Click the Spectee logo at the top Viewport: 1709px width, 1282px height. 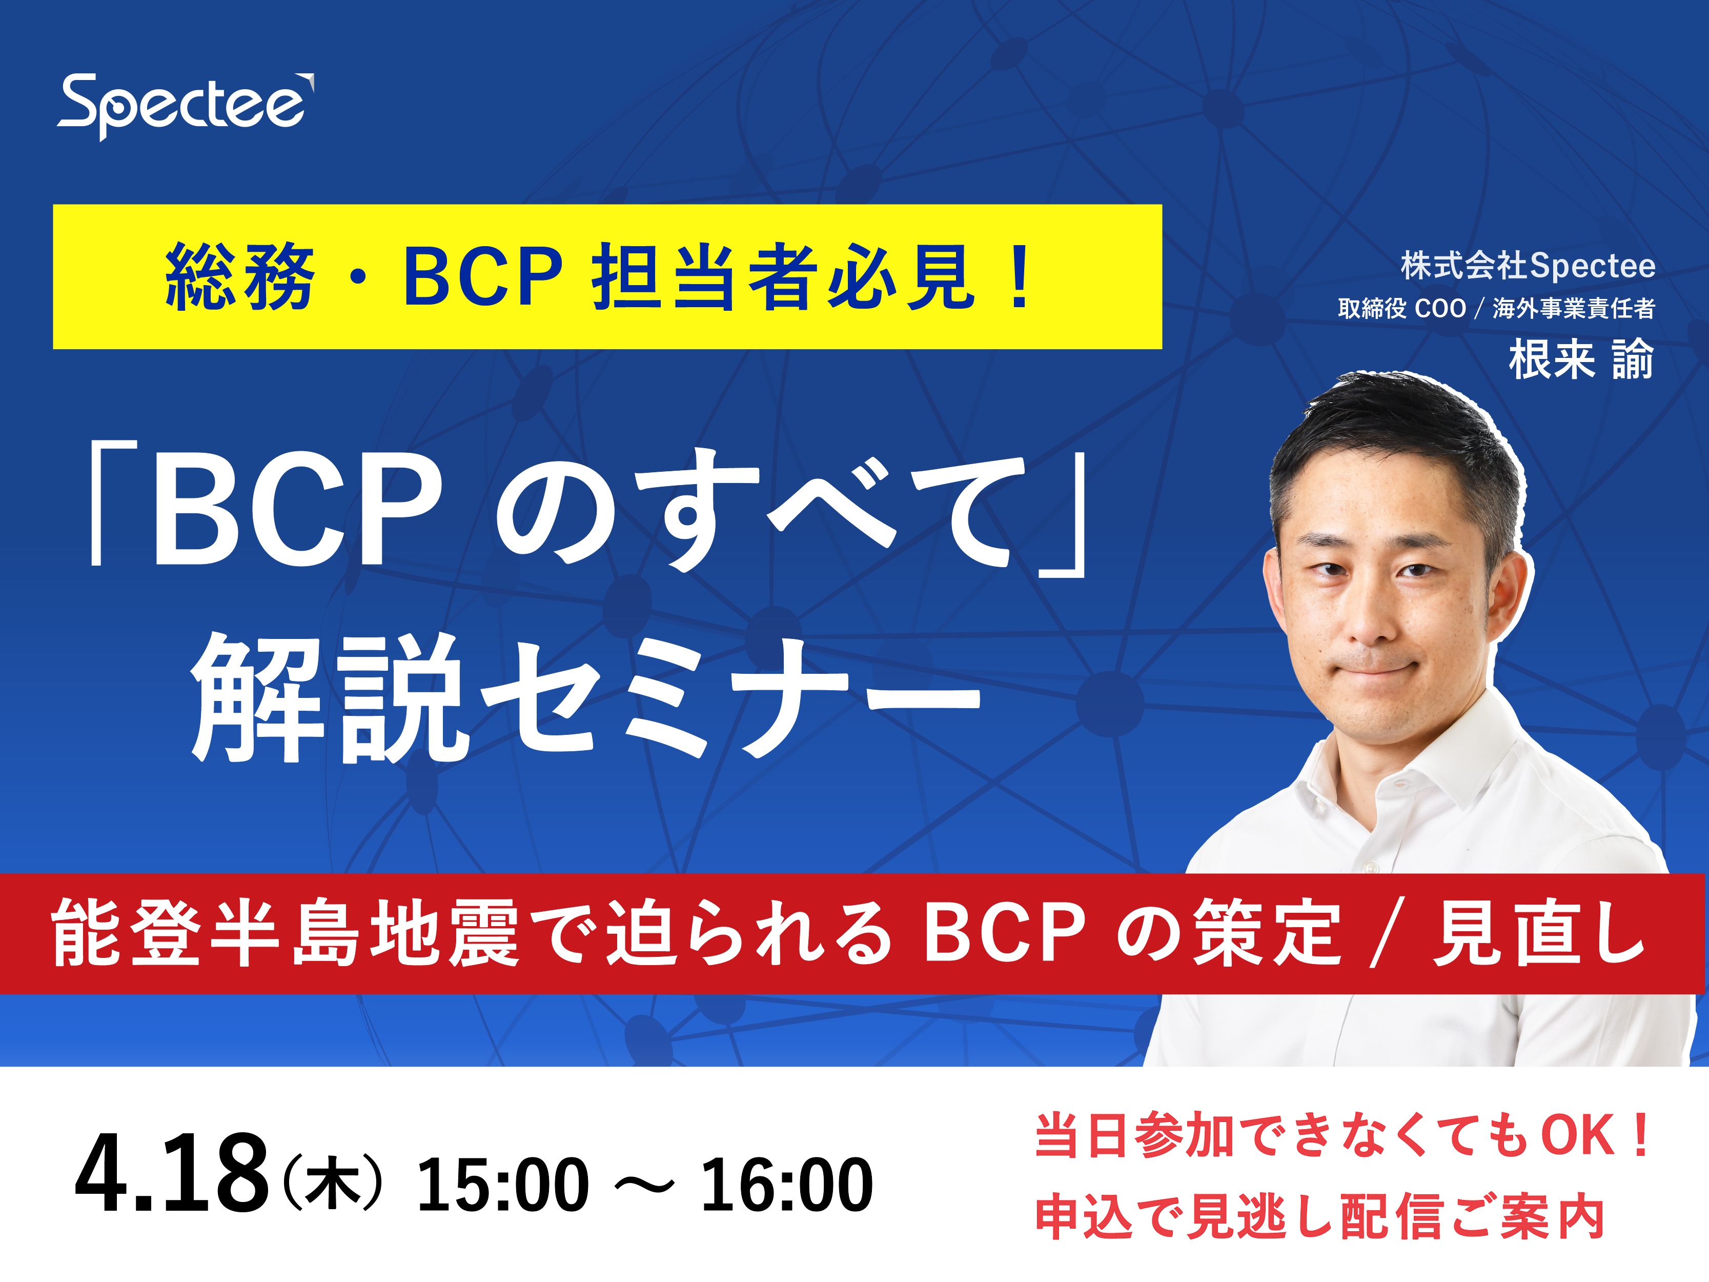pos(186,107)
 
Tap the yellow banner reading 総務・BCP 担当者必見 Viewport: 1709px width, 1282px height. pos(607,276)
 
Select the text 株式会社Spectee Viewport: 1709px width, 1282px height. pos(1528,266)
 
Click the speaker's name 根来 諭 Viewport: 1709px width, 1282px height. pos(1581,359)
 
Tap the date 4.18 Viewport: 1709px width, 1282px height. pos(172,1173)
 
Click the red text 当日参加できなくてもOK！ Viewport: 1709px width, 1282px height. pos(1344,1135)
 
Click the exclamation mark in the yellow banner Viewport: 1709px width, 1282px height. pos(1020,276)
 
